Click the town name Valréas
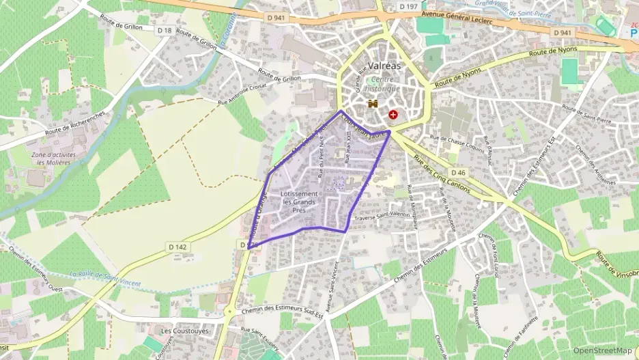coord(384,66)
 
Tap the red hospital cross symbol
coord(393,115)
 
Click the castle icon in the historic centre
coord(373,105)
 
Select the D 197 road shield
coord(408,6)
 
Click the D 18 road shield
coord(164,30)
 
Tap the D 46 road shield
coord(458,174)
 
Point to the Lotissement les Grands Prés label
coord(300,202)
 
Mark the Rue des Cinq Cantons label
coord(440,174)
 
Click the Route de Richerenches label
coord(74,123)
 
